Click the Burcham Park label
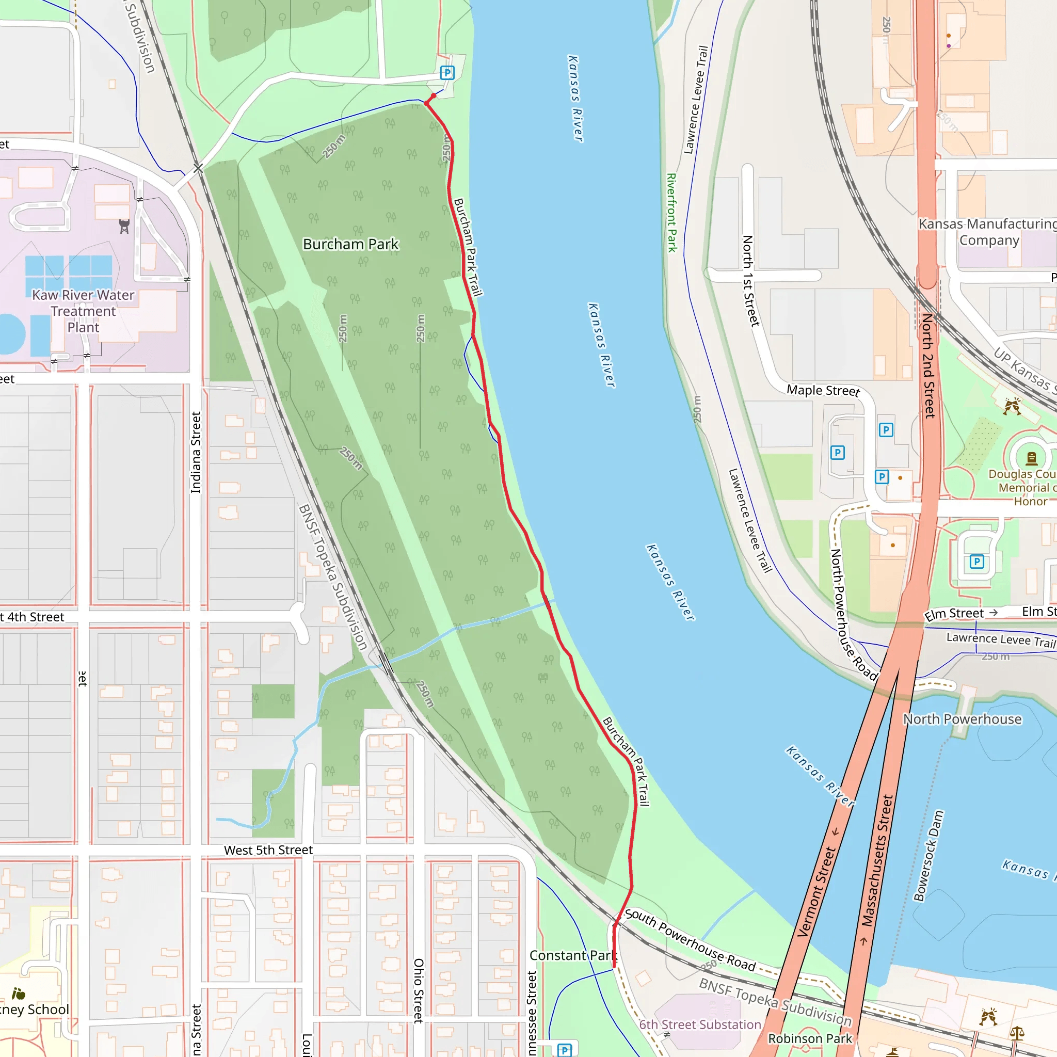pos(350,244)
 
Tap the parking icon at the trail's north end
pos(447,72)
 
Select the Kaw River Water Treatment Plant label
pos(83,311)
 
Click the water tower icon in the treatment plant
pos(124,226)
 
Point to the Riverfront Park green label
pos(672,213)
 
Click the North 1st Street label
pos(750,281)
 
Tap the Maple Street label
pos(823,390)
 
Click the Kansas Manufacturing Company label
pos(988,232)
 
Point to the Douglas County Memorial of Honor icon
pos(1031,458)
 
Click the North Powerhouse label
pos(962,719)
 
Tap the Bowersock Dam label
pos(929,856)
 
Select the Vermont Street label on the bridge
pos(816,892)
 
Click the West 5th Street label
pos(268,850)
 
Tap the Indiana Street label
pos(196,453)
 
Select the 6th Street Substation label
pos(700,1024)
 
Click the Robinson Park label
pos(810,1038)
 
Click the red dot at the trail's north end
pos(434,96)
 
